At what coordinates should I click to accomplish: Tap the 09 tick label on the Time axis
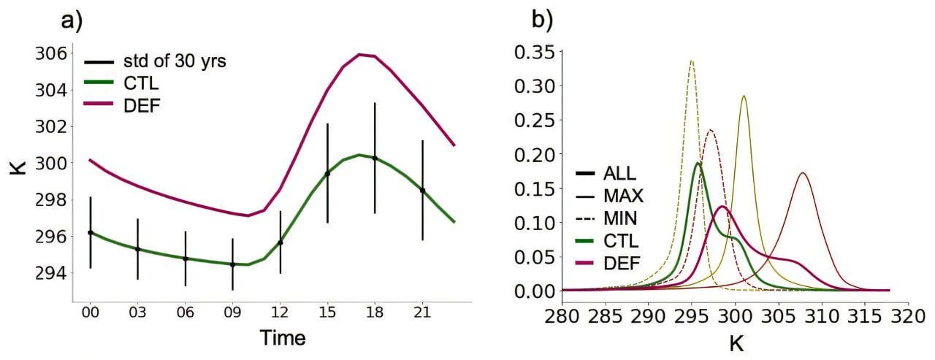point(232,313)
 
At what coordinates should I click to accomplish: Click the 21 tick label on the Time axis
point(422,313)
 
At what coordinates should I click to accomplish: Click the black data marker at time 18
point(375,158)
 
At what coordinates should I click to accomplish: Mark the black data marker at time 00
point(91,232)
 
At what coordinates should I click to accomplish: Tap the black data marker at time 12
point(280,242)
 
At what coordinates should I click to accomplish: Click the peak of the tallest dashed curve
point(691,61)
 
